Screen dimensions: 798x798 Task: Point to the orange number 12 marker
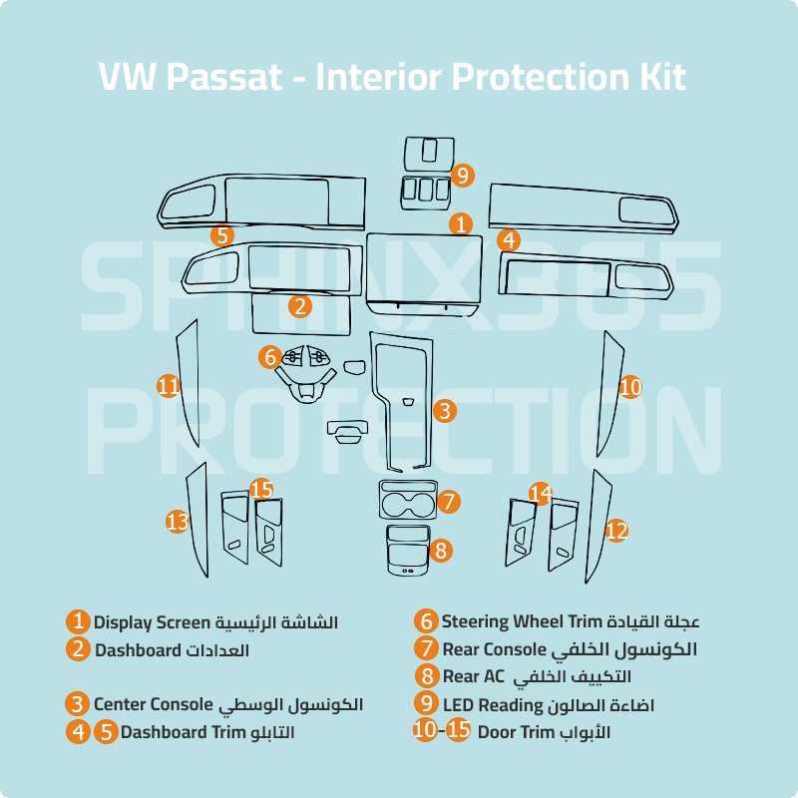616,531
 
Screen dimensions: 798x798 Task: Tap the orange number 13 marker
178,520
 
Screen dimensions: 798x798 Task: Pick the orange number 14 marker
540,494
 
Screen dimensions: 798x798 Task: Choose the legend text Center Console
153,704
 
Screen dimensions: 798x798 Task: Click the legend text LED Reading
495,704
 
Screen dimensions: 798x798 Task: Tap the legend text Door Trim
516,731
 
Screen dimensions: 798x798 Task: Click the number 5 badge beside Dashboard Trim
106,731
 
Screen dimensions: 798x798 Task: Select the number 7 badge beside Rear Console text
427,648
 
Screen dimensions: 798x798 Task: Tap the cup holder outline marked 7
407,499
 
